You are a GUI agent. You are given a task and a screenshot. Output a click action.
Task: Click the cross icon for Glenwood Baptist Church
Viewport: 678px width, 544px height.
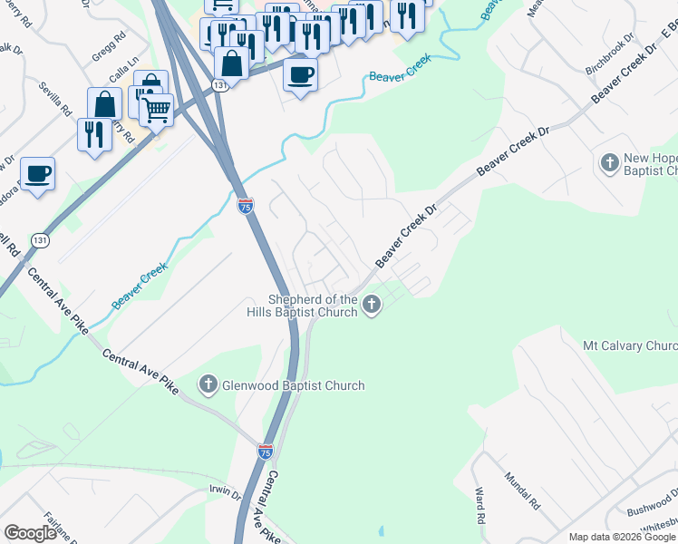click(x=208, y=385)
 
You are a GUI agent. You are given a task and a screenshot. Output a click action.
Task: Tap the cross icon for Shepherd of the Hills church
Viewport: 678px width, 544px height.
click(x=371, y=306)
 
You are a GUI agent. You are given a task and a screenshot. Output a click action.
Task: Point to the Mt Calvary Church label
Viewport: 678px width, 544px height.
click(x=630, y=346)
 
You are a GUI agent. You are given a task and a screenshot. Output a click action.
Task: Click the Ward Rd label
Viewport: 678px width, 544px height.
click(x=478, y=506)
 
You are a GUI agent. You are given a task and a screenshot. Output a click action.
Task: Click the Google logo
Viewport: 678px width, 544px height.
click(x=30, y=533)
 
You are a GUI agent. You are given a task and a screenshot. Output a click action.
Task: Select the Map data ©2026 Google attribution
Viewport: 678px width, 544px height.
click(x=622, y=537)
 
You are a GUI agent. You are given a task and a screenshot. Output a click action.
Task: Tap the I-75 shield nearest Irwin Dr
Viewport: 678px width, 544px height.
click(x=265, y=452)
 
